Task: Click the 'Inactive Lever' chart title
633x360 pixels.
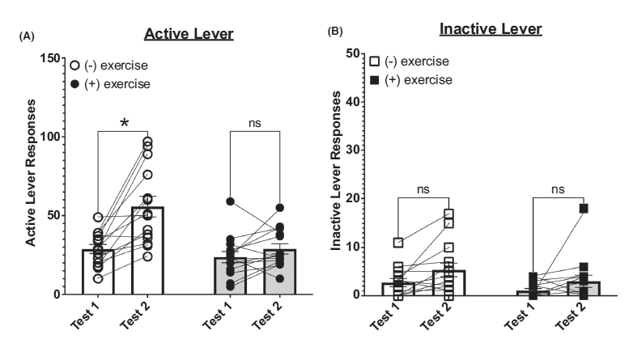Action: click(x=490, y=29)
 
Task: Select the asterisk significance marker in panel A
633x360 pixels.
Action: click(x=124, y=123)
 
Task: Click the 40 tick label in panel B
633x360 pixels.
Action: click(x=353, y=102)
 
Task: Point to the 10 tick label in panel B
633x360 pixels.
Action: click(x=353, y=247)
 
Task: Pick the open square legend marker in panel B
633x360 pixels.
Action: click(x=375, y=61)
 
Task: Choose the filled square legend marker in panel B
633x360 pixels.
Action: click(x=375, y=79)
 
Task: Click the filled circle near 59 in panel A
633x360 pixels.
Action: click(x=208, y=201)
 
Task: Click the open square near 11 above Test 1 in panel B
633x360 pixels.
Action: click(x=398, y=242)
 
